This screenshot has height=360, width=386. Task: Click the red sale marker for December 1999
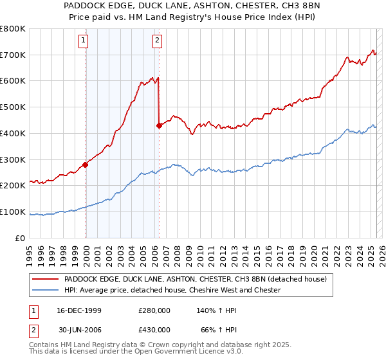86,165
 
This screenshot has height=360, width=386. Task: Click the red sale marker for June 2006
159,125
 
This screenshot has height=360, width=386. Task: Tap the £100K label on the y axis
13,212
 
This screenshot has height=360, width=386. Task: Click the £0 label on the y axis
21,238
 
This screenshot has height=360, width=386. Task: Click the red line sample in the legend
46,279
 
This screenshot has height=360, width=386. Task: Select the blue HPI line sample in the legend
46,290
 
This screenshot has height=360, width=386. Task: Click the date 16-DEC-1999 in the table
79,310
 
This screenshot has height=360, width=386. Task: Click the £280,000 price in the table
154,310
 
